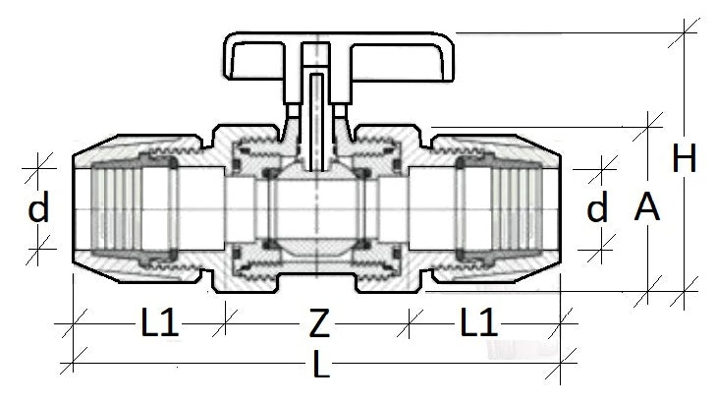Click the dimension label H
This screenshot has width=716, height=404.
pos(685,158)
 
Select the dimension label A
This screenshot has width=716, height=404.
pos(647,207)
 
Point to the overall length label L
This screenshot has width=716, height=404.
pos(320,368)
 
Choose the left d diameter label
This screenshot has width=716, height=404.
pos(38,208)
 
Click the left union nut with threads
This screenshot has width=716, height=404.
pos(118,208)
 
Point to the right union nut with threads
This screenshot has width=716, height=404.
pos(511,208)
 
